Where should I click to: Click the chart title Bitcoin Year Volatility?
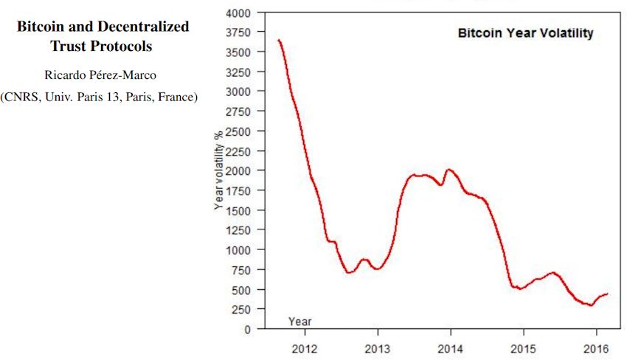pyautogui.click(x=525, y=33)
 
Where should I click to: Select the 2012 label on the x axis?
pyautogui.click(x=304, y=347)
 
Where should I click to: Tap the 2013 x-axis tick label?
pyautogui.click(x=378, y=347)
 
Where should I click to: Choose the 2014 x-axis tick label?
pyautogui.click(x=451, y=347)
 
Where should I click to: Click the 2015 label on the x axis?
pyautogui.click(x=523, y=347)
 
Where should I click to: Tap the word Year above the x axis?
pyautogui.click(x=299, y=322)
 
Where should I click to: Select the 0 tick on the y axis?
pyautogui.click(x=247, y=329)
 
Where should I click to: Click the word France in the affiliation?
pyautogui.click(x=176, y=97)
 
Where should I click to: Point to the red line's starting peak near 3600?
pyautogui.click(x=278, y=40)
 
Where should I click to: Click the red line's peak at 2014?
pyautogui.click(x=448, y=170)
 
